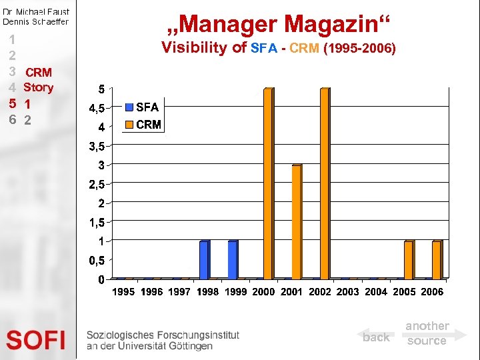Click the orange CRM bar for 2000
coord(268,183)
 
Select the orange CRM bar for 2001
coord(297,221)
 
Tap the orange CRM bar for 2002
coord(325,183)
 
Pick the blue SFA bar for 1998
coord(205,259)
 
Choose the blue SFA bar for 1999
coord(233,259)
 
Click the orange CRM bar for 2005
coord(408,259)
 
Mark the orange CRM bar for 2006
coord(437,259)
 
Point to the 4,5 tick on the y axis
coord(92,108)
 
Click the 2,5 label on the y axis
coord(92,183)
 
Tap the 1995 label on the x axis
coord(123,291)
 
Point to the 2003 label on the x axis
coord(348,291)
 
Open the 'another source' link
coord(427,333)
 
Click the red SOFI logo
coord(36,340)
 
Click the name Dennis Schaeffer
coord(35,21)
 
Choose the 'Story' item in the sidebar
coord(38,87)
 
